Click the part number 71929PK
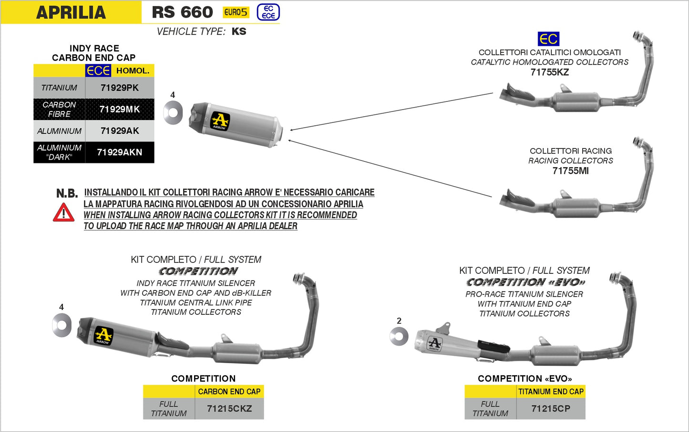pyautogui.click(x=119, y=88)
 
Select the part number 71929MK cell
pyautogui.click(x=119, y=109)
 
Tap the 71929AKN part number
pyautogui.click(x=119, y=152)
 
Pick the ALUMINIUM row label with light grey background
pyautogui.click(x=59, y=131)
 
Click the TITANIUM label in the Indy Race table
pyautogui.click(x=59, y=88)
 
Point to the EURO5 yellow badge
pyautogui.click(x=236, y=12)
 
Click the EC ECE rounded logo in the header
pyautogui.click(x=268, y=12)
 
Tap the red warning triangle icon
pyautogui.click(x=63, y=213)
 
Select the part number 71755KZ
pyautogui.click(x=549, y=72)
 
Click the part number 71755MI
pyautogui.click(x=570, y=171)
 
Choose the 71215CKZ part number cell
pyautogui.click(x=229, y=409)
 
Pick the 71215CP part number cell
pyautogui.click(x=550, y=409)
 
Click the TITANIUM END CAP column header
pyautogui.click(x=551, y=392)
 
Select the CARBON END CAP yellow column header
pyautogui.click(x=229, y=392)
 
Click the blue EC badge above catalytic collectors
pyautogui.click(x=548, y=39)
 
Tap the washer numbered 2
pyautogui.click(x=399, y=337)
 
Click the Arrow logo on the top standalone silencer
pyautogui.click(x=220, y=121)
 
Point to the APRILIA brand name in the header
pyautogui.click(x=71, y=12)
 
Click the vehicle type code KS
pyautogui.click(x=239, y=31)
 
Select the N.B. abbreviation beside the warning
pyautogui.click(x=67, y=193)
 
